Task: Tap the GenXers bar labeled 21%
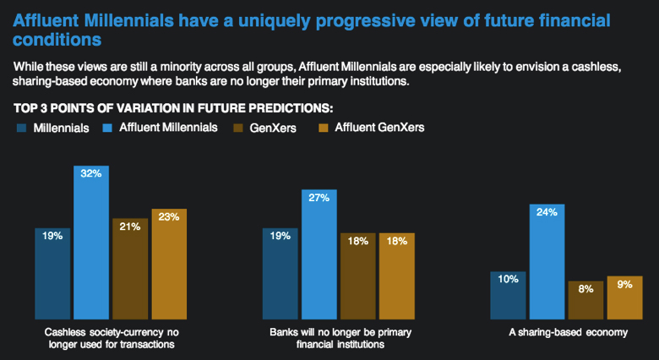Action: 130,268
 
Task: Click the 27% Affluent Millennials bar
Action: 319,254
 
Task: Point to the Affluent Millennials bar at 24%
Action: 547,260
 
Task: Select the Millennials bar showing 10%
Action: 508,295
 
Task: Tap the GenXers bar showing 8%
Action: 585,299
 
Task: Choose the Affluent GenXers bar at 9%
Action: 624,297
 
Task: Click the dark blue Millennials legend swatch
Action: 21,128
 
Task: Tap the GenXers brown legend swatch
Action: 238,128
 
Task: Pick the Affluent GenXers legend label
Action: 379,128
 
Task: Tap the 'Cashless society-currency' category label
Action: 110,332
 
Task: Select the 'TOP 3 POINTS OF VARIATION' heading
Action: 173,108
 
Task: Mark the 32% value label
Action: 90,173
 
